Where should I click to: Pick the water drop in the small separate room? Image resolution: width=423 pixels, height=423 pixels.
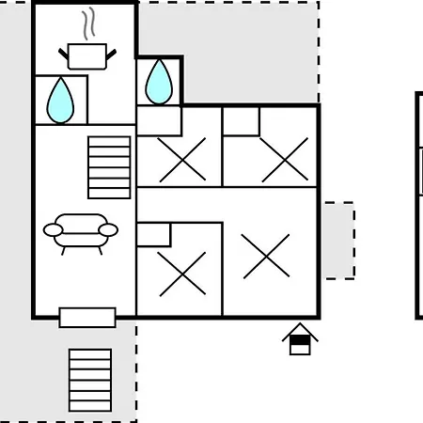pos(159,82)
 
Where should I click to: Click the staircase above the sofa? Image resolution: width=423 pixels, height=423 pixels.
pos(109,167)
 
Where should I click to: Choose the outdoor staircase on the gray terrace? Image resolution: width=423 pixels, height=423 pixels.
pos(90,380)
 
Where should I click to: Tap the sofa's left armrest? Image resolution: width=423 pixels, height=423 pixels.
pos(54,229)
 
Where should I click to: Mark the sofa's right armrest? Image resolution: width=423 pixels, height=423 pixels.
pos(108,229)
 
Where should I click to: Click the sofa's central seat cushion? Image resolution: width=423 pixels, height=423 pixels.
pos(81,227)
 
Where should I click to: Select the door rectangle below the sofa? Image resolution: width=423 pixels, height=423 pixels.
pos(87,318)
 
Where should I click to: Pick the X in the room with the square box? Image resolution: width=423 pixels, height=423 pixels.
pos(284,159)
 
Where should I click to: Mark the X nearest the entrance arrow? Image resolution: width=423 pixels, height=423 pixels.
pos(267,256)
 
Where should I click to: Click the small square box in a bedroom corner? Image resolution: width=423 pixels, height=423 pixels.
pos(241,121)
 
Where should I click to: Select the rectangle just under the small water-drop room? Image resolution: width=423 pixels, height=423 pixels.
pos(159,119)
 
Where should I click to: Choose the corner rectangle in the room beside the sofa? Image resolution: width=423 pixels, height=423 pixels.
pos(153,234)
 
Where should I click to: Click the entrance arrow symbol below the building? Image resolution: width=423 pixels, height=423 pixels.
pos(300,339)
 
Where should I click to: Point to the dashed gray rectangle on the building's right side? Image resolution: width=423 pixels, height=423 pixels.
pos(338,240)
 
